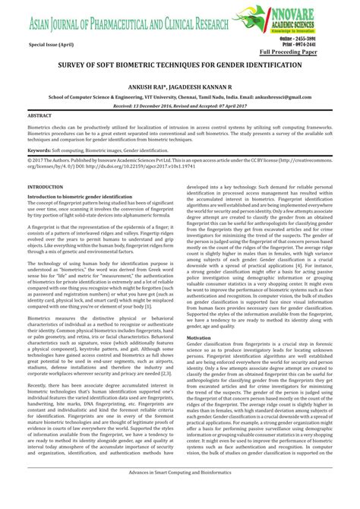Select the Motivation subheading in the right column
198,336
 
